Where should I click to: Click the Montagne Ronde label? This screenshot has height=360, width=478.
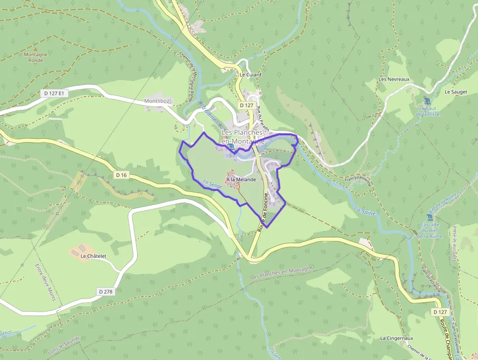click(x=36, y=57)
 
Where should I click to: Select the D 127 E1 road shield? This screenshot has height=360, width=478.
click(x=54, y=93)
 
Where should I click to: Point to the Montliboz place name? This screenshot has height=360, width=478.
click(x=157, y=101)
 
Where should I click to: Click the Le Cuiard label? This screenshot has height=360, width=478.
click(x=250, y=75)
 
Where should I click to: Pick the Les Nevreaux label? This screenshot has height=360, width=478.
click(x=394, y=79)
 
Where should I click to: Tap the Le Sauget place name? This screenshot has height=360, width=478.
click(x=456, y=92)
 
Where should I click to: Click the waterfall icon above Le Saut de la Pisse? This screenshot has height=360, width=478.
click(x=427, y=101)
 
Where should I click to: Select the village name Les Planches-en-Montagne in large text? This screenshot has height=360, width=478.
click(x=243, y=137)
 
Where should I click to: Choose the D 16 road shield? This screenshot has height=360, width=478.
click(x=121, y=175)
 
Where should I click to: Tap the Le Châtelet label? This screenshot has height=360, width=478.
click(x=94, y=255)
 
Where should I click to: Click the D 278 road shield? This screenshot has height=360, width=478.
click(x=105, y=292)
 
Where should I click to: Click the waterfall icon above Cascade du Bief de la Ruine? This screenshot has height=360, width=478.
click(x=428, y=217)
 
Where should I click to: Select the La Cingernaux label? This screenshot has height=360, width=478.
click(x=397, y=338)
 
